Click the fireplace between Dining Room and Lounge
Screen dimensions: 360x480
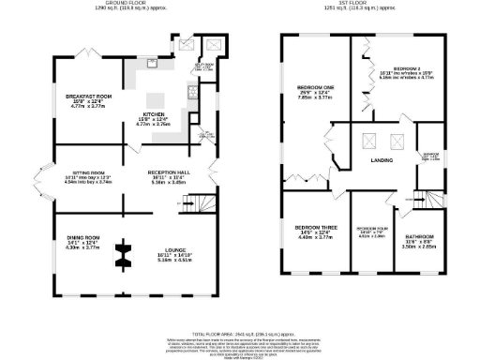click(123, 254)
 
